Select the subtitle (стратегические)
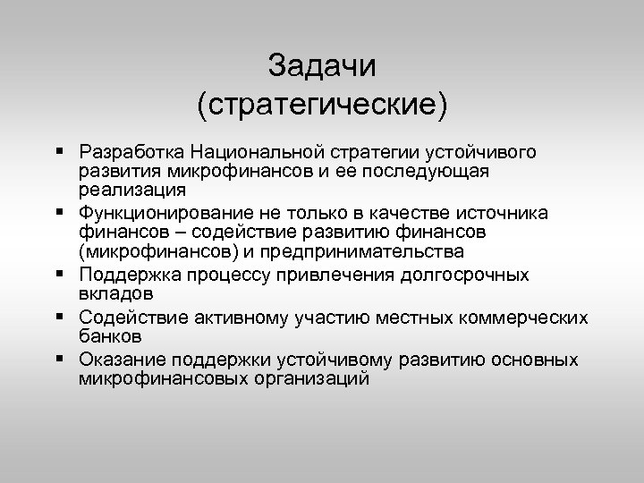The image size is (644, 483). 322,106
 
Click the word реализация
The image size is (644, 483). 131,189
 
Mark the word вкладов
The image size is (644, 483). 115,293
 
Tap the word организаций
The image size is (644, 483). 310,378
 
